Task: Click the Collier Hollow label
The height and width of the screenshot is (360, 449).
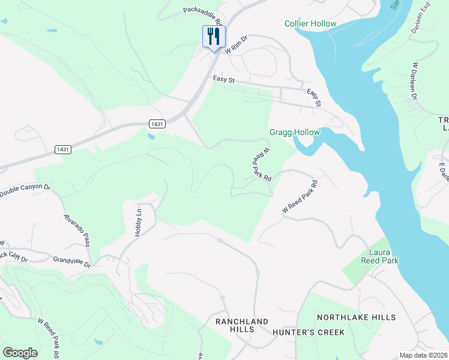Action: click(310, 23)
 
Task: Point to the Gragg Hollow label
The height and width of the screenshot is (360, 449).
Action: click(295, 132)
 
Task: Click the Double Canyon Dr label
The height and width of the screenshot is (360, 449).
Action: click(25, 190)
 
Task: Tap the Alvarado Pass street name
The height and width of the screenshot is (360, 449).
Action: click(77, 229)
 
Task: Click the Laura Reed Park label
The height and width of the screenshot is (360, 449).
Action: click(379, 256)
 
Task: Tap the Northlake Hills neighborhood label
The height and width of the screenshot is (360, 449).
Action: click(356, 317)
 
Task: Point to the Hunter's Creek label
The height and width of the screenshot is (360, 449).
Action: click(308, 332)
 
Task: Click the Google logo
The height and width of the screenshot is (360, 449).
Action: click(20, 353)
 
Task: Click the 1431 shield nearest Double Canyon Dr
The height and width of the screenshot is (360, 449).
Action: click(62, 149)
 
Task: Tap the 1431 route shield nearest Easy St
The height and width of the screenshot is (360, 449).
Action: click(157, 124)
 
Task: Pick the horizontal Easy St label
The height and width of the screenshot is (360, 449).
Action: click(223, 79)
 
